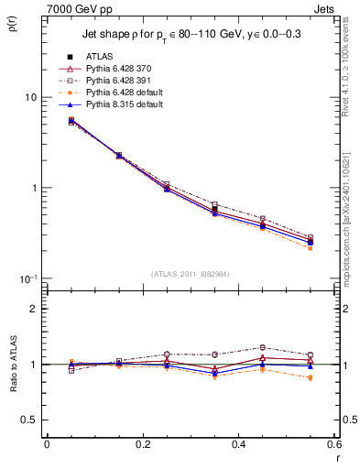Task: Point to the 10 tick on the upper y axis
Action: pyautogui.click(x=30, y=97)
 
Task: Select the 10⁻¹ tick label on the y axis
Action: pyautogui.click(x=27, y=278)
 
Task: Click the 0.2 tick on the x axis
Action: pyautogui.click(x=142, y=443)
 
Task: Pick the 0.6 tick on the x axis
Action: pyautogui.click(x=334, y=443)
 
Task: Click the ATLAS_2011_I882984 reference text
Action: pyautogui.click(x=190, y=274)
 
